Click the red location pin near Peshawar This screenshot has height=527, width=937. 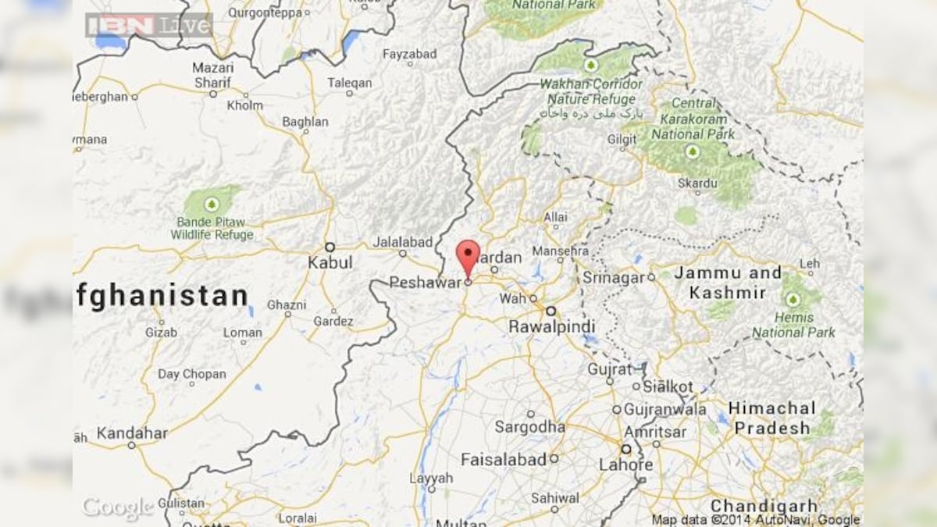click(x=468, y=255)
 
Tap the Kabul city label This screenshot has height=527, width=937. click(x=330, y=262)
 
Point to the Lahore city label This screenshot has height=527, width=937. click(x=625, y=465)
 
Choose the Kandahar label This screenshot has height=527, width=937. click(x=132, y=433)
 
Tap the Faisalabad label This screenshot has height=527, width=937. click(x=503, y=460)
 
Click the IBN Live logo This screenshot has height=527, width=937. click(x=149, y=25)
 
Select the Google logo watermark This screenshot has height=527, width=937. click(x=118, y=508)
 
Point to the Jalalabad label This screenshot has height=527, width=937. click(x=402, y=242)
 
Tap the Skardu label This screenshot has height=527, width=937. click(x=697, y=183)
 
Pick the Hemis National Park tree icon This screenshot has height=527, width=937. click(x=793, y=299)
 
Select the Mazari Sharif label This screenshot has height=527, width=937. click(x=212, y=75)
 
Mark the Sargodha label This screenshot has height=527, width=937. click(x=529, y=427)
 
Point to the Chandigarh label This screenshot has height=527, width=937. click(x=764, y=505)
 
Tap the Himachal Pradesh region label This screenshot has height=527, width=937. click(x=771, y=418)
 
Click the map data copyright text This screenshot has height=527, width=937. click(x=755, y=519)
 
